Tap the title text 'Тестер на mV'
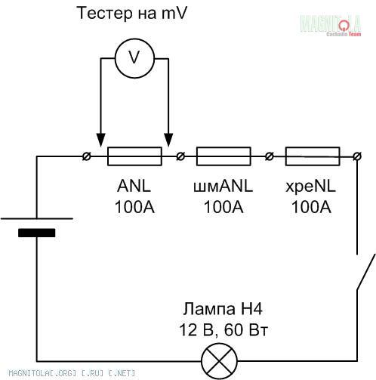(x=132, y=13)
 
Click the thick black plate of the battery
(x=37, y=233)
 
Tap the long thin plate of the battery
(x=37, y=218)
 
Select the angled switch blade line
(x=366, y=272)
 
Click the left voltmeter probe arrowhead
(x=100, y=140)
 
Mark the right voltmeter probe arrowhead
(x=168, y=140)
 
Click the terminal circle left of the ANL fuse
(x=87, y=156)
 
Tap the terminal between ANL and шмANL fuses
(x=180, y=156)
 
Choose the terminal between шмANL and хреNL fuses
(x=269, y=156)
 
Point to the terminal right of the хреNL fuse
(x=357, y=156)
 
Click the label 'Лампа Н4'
(x=223, y=308)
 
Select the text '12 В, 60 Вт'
(x=223, y=330)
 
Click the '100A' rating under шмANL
(x=223, y=207)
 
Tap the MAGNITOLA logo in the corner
(x=331, y=25)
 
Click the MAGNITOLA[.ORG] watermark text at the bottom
(x=72, y=372)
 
